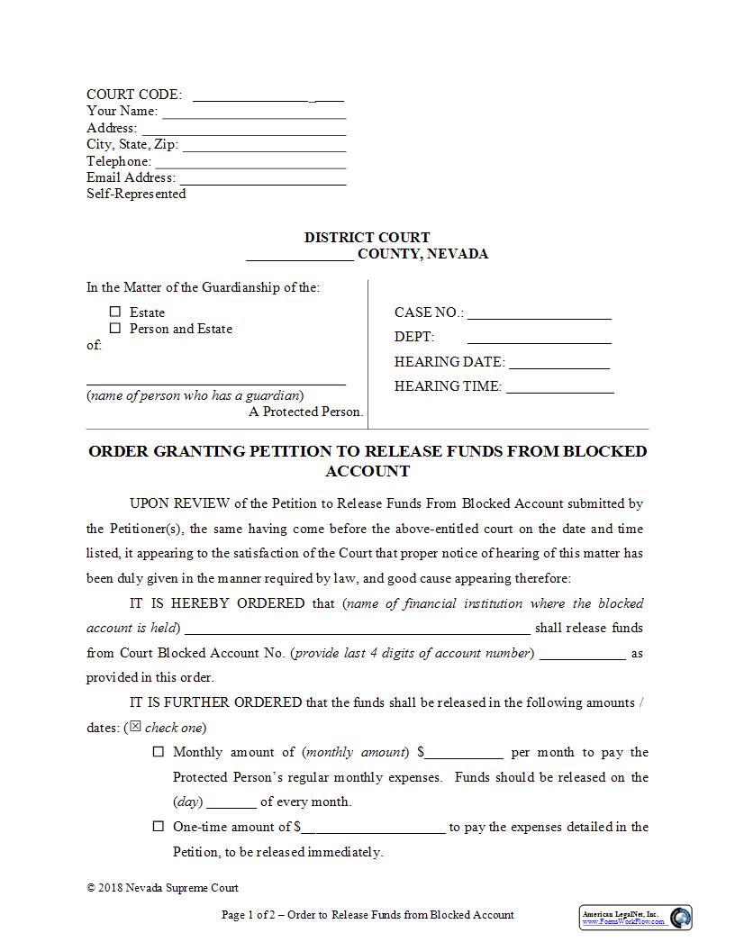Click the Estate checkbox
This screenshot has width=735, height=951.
click(x=115, y=312)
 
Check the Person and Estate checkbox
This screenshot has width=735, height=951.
click(x=115, y=329)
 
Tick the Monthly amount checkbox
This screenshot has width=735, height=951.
click(x=159, y=752)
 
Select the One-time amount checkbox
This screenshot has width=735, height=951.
click(x=159, y=826)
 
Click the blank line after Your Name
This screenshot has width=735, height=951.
click(x=254, y=113)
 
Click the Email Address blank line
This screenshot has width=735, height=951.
click(x=262, y=179)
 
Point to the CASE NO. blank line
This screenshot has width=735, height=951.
click(x=539, y=314)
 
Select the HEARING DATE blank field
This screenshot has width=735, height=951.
click(x=558, y=364)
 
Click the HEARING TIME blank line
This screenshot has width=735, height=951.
click(x=559, y=388)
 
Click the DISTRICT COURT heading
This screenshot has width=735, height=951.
click(x=367, y=238)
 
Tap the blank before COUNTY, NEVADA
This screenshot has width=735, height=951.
click(x=299, y=255)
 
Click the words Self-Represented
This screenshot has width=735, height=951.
click(x=136, y=194)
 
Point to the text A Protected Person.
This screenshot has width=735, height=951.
click(x=305, y=412)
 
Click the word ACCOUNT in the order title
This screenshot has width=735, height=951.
click(x=367, y=471)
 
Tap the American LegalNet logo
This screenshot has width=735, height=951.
click(x=636, y=918)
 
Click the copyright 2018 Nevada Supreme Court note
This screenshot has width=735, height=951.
click(x=162, y=888)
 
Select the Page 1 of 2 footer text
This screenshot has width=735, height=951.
click(x=367, y=915)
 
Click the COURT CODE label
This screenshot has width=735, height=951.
click(x=133, y=95)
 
